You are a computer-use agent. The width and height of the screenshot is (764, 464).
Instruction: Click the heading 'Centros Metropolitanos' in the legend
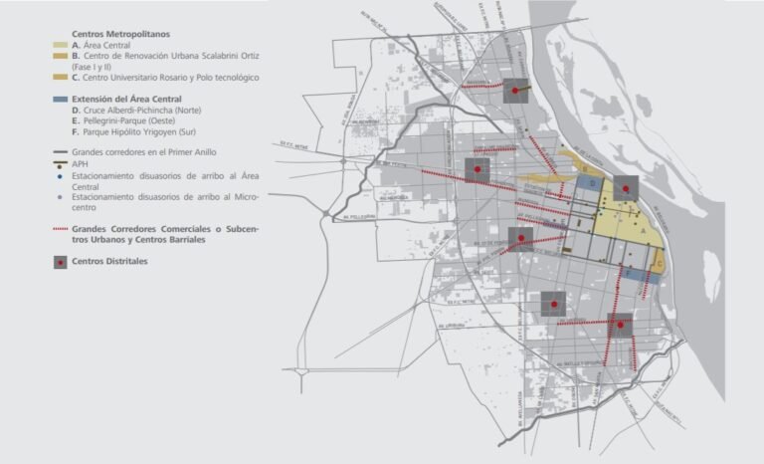[x=112, y=35]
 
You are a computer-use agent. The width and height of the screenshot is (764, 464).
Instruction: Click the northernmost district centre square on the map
[x=514, y=91]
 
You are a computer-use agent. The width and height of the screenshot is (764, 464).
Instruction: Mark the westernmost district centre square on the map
[x=477, y=170]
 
